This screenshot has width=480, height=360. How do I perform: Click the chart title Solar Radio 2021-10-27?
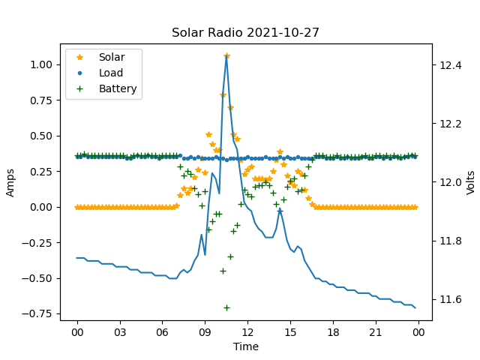coord(246,33)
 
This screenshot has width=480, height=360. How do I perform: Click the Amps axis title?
coord(10,182)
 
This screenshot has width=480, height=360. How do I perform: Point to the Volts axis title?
coord(470,182)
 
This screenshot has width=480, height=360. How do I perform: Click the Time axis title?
coord(246,346)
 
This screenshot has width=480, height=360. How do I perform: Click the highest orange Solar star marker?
coord(226,55)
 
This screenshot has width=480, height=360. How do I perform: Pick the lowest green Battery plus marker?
coord(226,307)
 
